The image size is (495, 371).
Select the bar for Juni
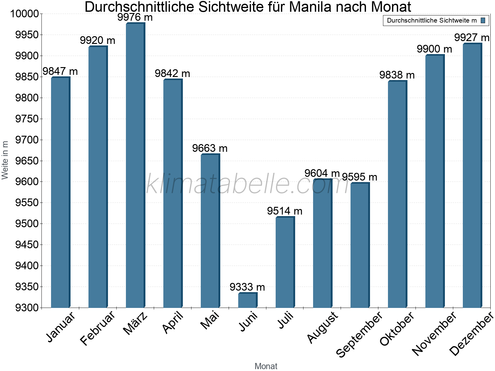[247, 300]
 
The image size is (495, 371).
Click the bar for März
[135, 165]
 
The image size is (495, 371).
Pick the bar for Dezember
[472, 176]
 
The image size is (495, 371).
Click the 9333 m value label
[247, 287]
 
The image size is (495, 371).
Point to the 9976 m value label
[135, 17]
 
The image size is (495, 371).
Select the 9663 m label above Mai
[210, 148]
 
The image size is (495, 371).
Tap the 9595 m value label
[359, 177]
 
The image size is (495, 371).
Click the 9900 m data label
[434, 49]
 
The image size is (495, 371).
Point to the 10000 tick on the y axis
[24, 14]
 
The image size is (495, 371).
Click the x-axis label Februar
[97, 327]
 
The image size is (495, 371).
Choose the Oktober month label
[397, 329]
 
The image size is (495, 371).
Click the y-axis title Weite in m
[5, 160]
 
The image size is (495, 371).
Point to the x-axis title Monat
[266, 366]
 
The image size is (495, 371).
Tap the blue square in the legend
[483, 20]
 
